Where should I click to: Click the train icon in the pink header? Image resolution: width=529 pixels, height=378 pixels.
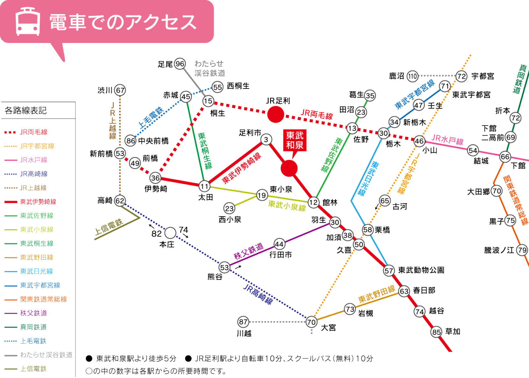coord(28,22)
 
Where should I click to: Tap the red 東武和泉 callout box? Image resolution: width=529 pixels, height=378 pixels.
coord(294,140)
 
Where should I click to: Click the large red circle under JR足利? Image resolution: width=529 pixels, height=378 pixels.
coord(275,115)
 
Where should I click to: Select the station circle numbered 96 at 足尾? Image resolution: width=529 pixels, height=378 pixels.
coord(180,64)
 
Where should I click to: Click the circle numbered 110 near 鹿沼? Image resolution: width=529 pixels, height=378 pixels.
coord(412,76)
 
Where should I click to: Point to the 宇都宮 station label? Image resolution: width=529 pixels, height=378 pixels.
coord(482,76)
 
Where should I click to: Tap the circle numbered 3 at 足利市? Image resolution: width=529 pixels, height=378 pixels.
coord(266,139)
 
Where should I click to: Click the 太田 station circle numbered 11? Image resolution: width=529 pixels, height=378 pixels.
coord(204,186)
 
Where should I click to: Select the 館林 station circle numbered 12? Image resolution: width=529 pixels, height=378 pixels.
coord(314,202)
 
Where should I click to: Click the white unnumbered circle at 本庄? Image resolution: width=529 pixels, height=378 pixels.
coord(170,233)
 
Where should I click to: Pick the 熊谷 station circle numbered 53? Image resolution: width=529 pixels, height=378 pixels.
coord(224,267)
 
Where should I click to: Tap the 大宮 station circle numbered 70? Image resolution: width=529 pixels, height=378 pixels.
coord(311,322)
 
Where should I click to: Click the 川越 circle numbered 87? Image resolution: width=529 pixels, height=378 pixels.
coord(243,322)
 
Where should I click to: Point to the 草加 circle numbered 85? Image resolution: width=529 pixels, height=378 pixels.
coord(436,332)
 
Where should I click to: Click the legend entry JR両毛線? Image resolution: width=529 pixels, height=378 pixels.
coord(33,132)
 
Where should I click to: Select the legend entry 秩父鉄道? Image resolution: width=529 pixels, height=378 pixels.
coord(33,313)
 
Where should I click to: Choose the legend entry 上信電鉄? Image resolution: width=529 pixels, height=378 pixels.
coord(33,369)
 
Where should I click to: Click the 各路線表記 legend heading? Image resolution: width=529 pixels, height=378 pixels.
coord(25,111)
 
